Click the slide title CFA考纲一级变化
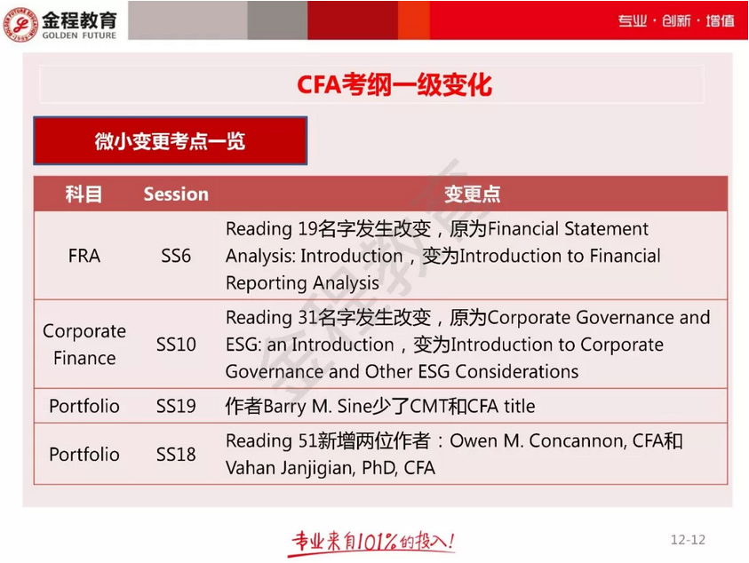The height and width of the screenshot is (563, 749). tap(394, 85)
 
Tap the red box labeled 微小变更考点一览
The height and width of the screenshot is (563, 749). tap(170, 141)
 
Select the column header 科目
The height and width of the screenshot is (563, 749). tap(84, 194)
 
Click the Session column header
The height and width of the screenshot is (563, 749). tap(176, 194)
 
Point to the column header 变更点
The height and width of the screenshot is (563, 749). tap(472, 194)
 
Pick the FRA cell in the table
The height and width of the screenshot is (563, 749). tap(84, 256)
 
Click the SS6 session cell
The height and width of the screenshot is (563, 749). tap(176, 256)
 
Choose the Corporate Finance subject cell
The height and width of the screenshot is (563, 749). tap(84, 345)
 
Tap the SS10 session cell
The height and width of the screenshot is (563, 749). tap(176, 345)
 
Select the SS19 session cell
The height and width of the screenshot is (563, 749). tap(176, 407)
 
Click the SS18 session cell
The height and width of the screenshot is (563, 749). tap(176, 455)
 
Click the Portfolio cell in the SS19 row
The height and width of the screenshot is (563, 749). tap(84, 407)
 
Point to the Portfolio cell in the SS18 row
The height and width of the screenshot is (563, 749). tap(84, 455)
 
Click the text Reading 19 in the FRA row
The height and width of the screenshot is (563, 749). tap(259, 229)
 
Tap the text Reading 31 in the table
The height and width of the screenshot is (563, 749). tap(259, 318)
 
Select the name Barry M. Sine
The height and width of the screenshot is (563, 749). tap(309, 407)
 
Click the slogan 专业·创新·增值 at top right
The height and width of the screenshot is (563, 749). tap(676, 20)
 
